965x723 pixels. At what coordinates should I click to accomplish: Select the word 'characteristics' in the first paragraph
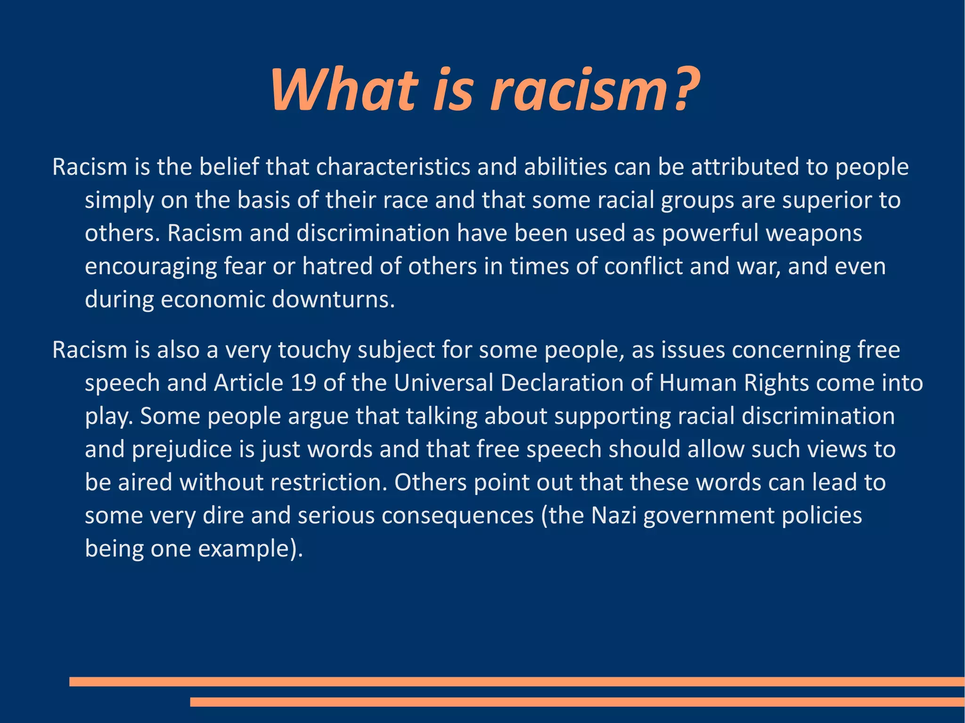point(393,167)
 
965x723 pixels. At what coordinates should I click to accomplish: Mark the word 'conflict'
point(643,267)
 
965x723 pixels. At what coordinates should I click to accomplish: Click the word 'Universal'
point(443,383)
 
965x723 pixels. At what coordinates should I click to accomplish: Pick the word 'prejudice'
point(182,450)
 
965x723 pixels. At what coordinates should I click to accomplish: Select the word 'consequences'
point(458,516)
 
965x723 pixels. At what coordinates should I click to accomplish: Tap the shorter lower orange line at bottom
point(577,702)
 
